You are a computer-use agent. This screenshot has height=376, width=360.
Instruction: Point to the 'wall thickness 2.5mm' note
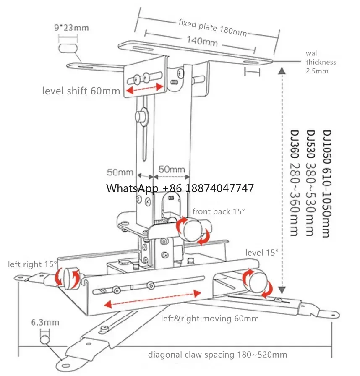(321, 62)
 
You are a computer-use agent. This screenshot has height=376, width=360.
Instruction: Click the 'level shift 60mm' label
(81, 91)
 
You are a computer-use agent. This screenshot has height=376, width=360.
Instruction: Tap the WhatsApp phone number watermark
(180, 188)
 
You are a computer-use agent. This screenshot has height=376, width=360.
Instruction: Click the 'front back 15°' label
(218, 211)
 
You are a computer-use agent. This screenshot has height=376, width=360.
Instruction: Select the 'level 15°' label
(262, 252)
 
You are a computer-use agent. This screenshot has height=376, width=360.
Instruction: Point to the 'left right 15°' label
(32, 264)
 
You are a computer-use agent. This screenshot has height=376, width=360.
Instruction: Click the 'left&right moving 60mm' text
(210, 319)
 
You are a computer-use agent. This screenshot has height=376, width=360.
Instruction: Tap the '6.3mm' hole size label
(44, 322)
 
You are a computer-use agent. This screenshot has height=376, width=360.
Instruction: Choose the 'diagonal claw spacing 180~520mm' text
(217, 355)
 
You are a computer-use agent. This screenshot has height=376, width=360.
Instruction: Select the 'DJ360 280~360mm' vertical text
(295, 184)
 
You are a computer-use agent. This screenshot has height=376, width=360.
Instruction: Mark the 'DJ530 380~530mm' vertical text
(311, 184)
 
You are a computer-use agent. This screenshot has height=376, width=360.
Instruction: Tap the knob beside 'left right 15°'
(70, 277)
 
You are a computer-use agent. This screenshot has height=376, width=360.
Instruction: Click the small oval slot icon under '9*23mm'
(69, 47)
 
